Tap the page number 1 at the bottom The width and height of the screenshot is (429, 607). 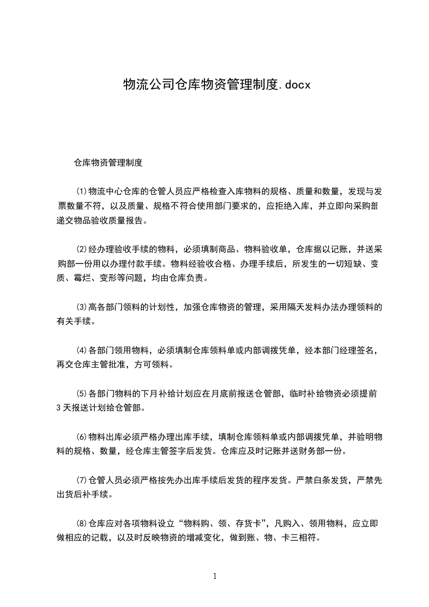(x=215, y=576)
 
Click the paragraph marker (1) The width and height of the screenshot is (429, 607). (x=81, y=191)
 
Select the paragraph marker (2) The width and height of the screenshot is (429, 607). (x=81, y=249)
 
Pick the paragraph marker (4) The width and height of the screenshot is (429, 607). (x=81, y=351)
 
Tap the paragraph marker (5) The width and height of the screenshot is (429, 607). (x=81, y=393)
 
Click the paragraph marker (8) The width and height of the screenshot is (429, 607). (x=81, y=523)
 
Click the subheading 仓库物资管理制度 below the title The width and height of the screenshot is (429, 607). (x=108, y=162)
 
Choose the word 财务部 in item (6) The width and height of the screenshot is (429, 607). (x=312, y=450)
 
